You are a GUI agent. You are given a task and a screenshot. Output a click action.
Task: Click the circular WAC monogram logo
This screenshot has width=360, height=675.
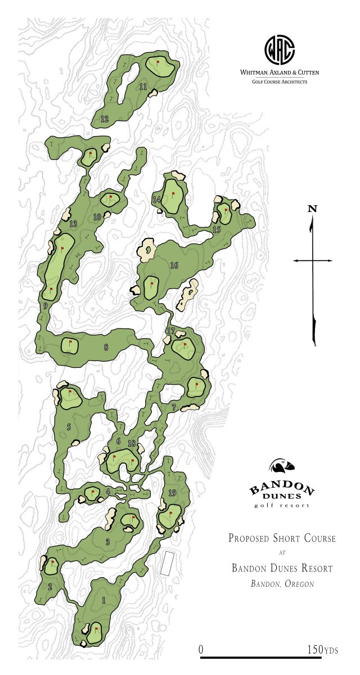tap(280, 51)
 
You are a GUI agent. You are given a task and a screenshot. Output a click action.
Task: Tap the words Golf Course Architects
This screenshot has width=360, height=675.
tap(280, 82)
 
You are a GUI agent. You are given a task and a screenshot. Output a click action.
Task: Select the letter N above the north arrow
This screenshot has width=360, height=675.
tap(313, 209)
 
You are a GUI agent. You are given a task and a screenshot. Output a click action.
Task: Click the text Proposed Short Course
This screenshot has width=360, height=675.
tap(282, 538)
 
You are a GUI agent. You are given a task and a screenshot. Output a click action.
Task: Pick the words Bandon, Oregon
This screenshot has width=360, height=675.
tap(282, 584)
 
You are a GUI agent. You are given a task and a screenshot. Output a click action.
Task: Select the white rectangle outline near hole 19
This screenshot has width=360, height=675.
tap(166, 563)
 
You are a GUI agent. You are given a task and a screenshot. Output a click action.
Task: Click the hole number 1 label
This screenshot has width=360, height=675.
tap(103, 600)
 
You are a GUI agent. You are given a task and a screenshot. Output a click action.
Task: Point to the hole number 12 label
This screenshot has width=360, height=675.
tap(104, 119)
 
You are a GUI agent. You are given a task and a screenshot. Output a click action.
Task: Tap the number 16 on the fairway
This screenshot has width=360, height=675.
tap(174, 265)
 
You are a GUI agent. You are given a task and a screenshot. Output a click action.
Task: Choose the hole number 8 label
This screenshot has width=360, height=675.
tap(106, 347)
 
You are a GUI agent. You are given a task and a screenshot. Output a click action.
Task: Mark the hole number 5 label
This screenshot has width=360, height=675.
tap(69, 427)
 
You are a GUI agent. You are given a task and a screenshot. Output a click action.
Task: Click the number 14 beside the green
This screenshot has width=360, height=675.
tap(157, 200)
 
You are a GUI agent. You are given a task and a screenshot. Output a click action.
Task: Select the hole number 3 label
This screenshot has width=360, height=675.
tap(107, 542)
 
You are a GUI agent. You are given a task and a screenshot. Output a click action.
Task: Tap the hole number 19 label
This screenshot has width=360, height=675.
tap(172, 493)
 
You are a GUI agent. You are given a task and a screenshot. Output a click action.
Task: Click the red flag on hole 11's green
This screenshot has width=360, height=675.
tap(158, 62)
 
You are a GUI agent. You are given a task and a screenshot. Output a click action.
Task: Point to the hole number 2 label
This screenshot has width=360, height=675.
tap(49, 587)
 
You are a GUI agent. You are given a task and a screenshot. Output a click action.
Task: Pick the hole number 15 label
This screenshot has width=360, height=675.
tap(217, 230)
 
